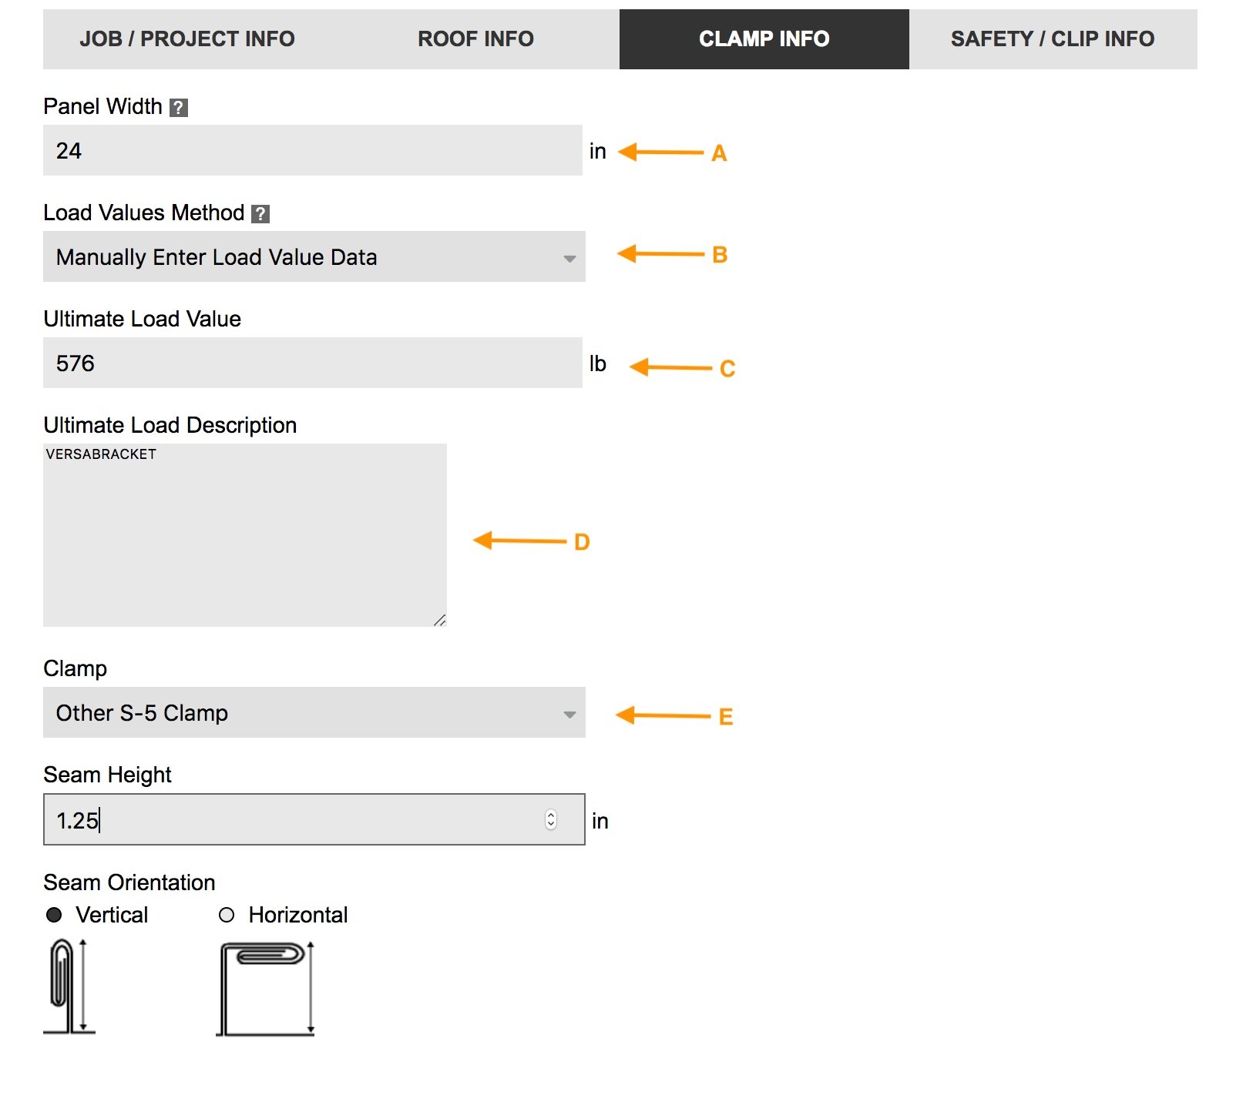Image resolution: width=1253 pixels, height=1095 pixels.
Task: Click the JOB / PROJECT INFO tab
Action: coord(186,39)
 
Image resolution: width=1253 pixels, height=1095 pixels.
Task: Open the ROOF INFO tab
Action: coord(475,39)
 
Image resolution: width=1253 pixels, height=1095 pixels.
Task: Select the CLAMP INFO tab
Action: coord(764,39)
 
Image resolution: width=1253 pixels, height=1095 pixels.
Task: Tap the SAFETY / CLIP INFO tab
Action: coord(1052,39)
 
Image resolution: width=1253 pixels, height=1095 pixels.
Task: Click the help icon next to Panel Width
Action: coord(179,108)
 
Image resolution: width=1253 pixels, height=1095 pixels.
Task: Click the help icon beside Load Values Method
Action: coord(261,214)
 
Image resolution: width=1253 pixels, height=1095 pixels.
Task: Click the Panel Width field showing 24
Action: coord(312,151)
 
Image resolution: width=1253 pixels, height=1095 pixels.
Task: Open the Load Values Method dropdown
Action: coord(314,257)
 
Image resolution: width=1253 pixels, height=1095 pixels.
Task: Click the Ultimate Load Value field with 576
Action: coord(312,363)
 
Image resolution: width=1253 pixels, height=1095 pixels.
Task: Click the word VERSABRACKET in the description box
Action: coord(101,454)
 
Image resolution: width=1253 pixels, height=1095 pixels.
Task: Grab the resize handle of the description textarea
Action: coord(440,620)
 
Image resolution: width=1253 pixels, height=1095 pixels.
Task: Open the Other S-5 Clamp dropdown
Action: coord(314,713)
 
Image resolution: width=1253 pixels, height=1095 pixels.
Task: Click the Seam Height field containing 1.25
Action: coord(293,820)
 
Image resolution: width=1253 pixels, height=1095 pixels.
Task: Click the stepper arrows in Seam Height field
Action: coord(551,820)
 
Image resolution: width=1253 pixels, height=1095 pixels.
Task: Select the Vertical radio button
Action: coord(54,915)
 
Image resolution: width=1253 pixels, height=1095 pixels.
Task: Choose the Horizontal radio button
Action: coord(227,915)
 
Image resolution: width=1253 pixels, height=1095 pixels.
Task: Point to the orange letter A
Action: coord(719,153)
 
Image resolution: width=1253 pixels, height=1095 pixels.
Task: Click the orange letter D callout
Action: coord(582,542)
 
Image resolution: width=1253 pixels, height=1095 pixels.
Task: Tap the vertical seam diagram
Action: coord(69,986)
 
